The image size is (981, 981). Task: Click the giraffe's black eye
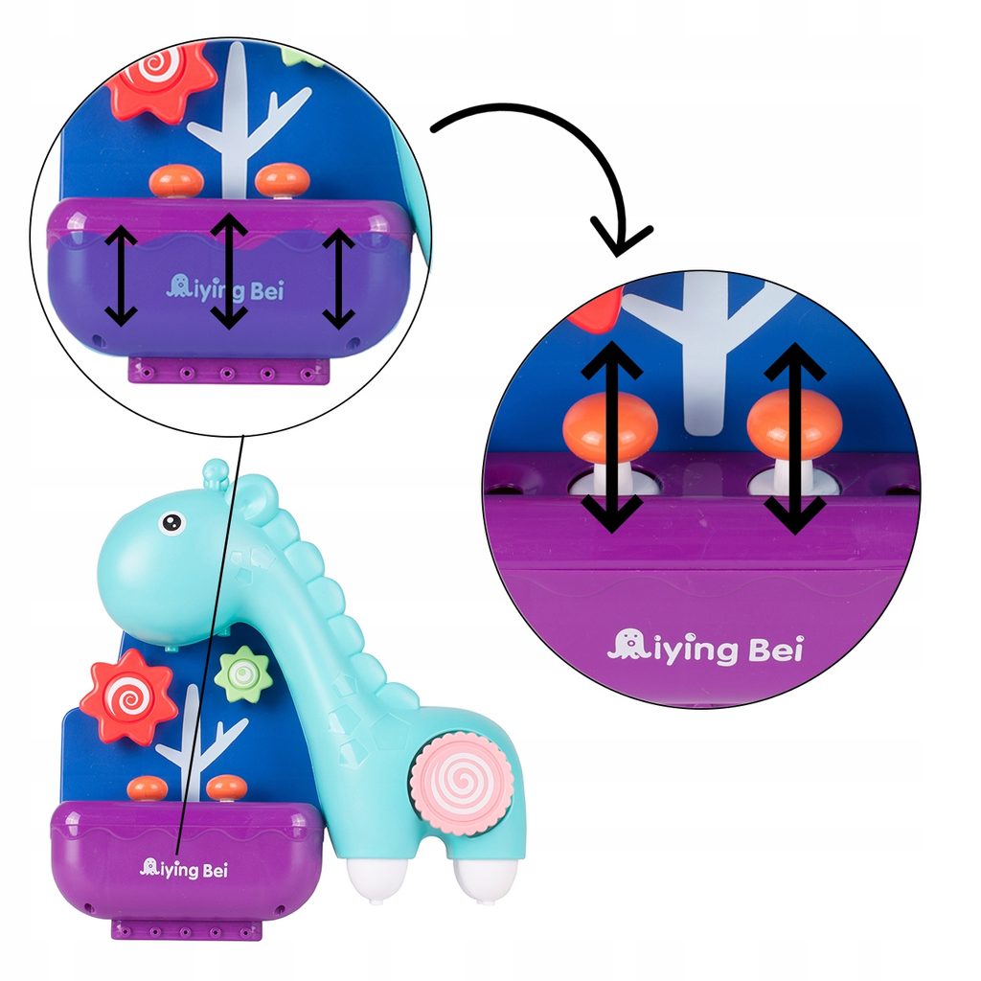click(x=171, y=522)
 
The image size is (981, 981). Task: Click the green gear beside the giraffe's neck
click(x=242, y=673)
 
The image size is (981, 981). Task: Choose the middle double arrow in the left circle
click(x=228, y=271)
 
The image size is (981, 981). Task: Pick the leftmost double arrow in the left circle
click(x=121, y=275)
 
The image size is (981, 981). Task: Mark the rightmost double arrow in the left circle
click(x=338, y=279)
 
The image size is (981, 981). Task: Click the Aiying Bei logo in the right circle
click(x=706, y=648)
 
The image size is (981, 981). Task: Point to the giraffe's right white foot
click(x=484, y=879)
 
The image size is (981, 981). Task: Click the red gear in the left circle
click(x=161, y=79)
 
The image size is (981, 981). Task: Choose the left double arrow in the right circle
click(x=611, y=437)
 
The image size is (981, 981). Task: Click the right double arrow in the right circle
click(x=795, y=437)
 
